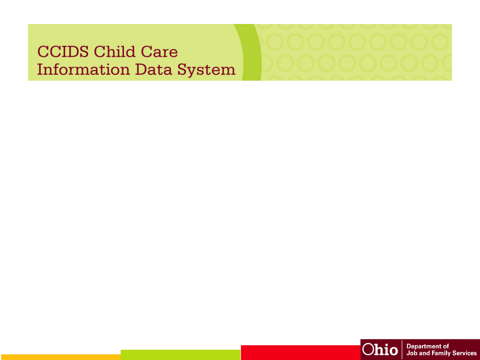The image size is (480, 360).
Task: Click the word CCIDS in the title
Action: [63, 52]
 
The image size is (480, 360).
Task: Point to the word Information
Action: [84, 69]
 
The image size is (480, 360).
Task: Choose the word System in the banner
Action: [206, 70]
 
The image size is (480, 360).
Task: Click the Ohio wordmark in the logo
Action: [380, 349]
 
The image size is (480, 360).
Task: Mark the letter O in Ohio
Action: [368, 349]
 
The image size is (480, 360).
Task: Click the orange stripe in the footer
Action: [61, 357]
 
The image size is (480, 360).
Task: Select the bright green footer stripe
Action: [181, 355]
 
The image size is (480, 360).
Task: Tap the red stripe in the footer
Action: [301, 353]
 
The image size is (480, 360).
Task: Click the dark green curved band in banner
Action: [251, 52]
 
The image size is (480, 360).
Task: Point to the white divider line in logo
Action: [402, 349]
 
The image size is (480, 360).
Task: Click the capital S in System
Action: [182, 69]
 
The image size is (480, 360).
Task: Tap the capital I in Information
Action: [41, 69]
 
